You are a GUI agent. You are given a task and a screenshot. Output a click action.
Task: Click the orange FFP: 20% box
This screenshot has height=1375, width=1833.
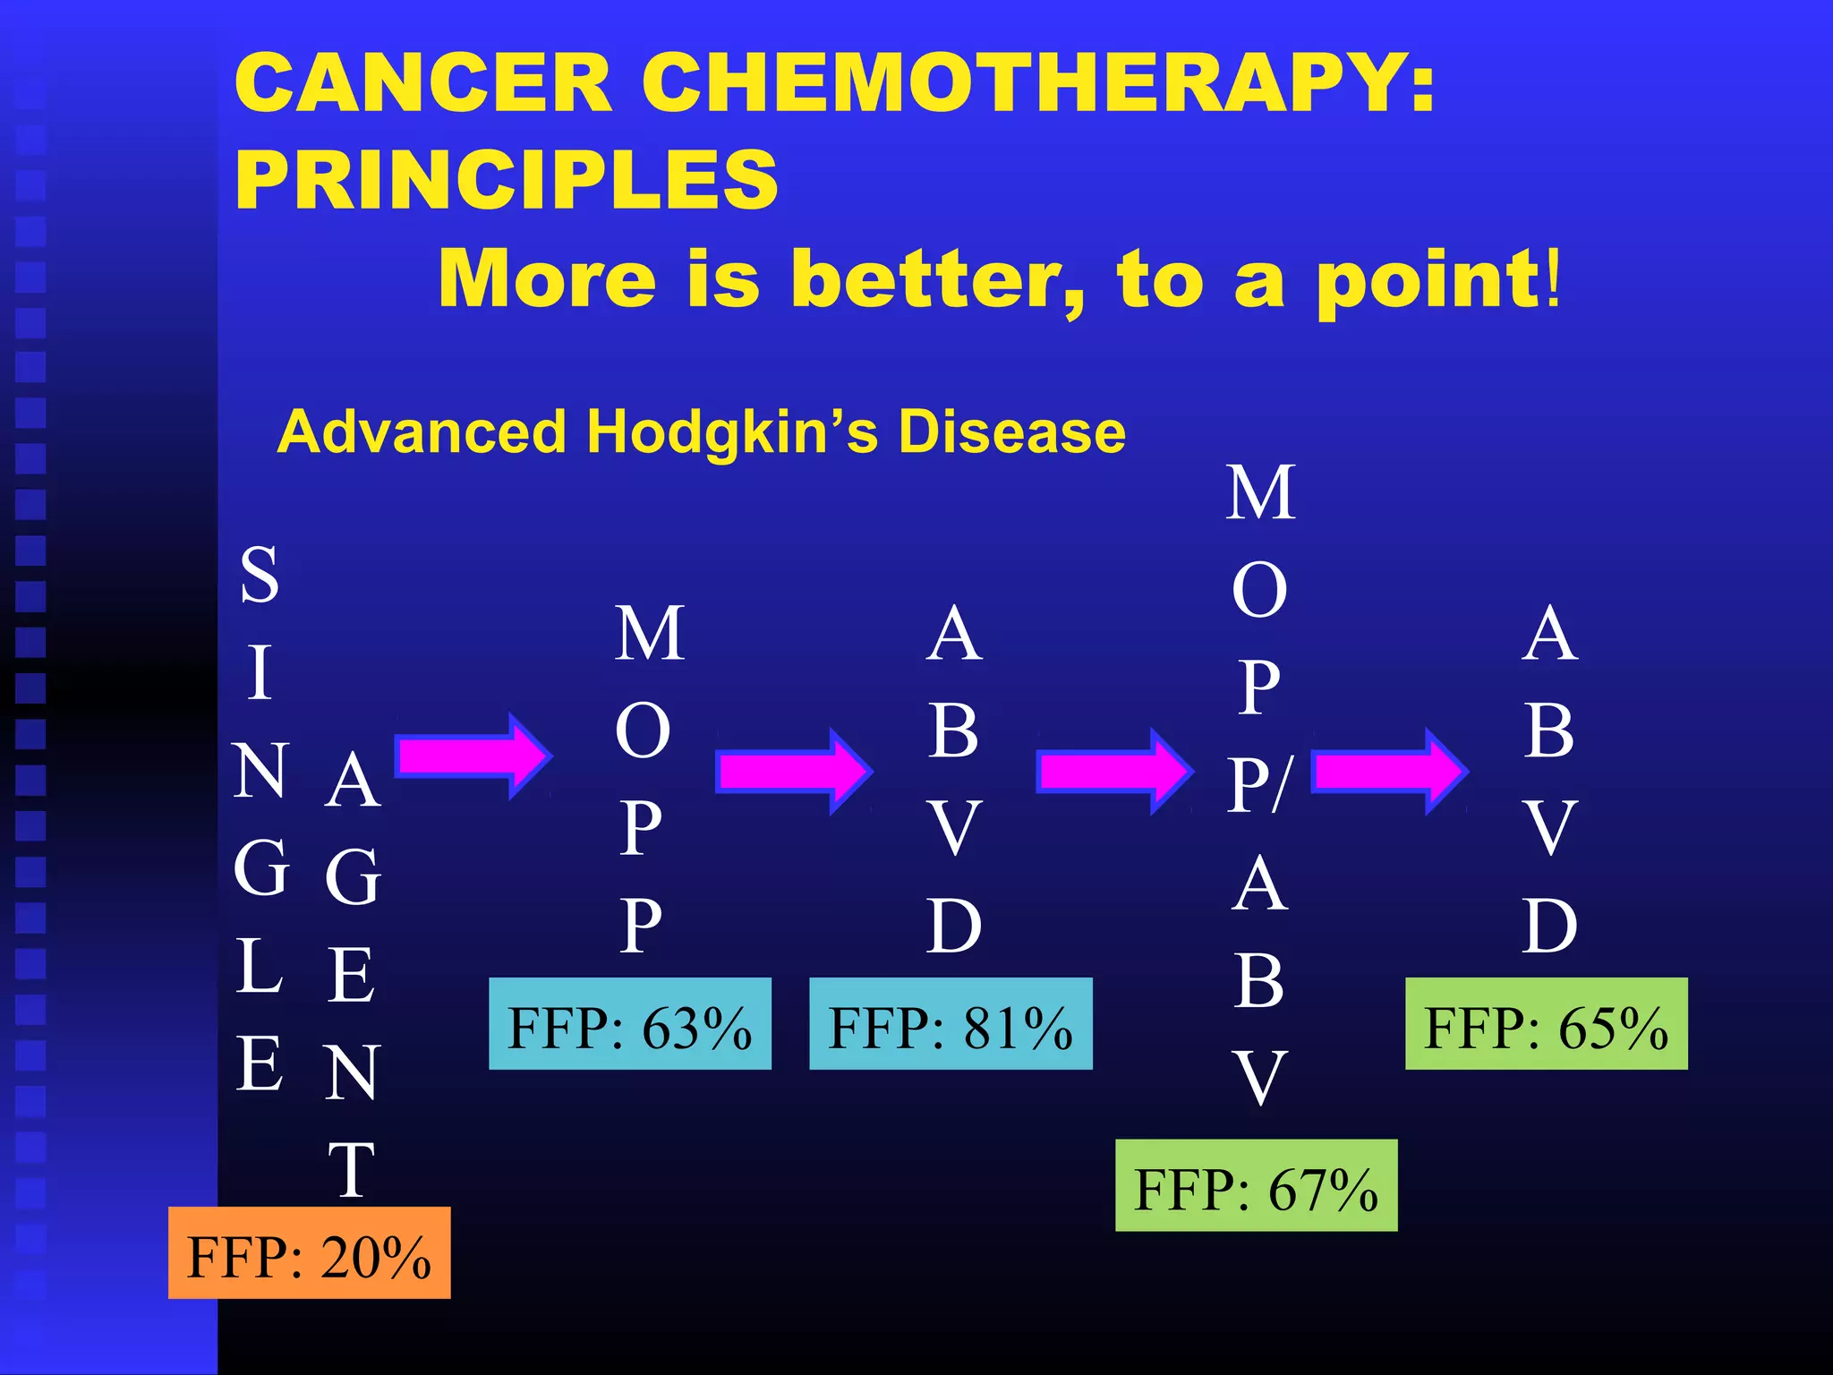tap(309, 1252)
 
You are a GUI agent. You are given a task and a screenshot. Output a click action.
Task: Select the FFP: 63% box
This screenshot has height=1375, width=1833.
tap(629, 1023)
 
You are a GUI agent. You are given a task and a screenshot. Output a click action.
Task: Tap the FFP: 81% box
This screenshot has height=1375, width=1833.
tap(951, 1023)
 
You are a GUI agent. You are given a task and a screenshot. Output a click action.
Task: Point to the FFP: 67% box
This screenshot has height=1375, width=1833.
tap(1256, 1185)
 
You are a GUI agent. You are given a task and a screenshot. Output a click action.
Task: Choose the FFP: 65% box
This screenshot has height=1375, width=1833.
tap(1546, 1023)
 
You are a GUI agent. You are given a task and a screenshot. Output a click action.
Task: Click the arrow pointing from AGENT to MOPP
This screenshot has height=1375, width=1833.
tap(473, 756)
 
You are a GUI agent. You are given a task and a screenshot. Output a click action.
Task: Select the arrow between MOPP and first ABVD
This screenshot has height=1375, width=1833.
tap(793, 771)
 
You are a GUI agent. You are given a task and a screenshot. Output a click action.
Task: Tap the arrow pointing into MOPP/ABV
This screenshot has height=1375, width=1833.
tap(1113, 771)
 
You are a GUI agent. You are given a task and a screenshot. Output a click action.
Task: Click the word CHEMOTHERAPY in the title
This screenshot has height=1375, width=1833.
tap(1038, 82)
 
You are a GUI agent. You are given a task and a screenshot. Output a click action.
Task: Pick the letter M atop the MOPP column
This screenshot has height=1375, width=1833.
tap(650, 633)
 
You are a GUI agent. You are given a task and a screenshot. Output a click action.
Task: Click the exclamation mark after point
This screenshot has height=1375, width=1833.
tap(1553, 278)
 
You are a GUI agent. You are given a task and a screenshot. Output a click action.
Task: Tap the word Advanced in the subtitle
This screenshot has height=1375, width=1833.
tap(422, 433)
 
